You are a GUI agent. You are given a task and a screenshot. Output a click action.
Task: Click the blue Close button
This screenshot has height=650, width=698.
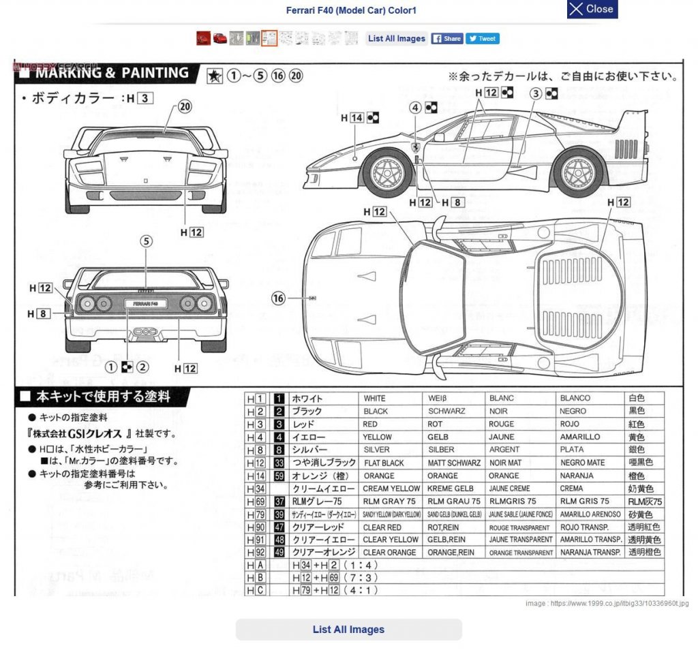tap(592, 10)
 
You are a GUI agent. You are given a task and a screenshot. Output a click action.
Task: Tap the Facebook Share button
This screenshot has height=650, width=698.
tap(446, 39)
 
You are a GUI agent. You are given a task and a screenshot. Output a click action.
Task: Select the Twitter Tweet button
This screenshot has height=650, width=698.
tap(483, 39)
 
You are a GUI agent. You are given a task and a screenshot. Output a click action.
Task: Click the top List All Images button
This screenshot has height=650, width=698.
tap(396, 39)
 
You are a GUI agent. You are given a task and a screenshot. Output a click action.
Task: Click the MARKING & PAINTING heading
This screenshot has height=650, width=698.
tap(112, 73)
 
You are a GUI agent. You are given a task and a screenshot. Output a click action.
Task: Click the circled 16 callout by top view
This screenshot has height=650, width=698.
tap(277, 298)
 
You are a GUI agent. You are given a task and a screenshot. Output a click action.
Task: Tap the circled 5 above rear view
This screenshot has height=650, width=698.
tap(146, 241)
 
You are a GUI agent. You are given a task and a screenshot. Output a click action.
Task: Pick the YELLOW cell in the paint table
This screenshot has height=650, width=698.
tap(377, 437)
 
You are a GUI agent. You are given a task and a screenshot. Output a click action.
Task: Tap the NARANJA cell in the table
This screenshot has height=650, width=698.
tap(576, 476)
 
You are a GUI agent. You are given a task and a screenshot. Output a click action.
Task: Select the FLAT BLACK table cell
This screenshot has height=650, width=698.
tap(384, 463)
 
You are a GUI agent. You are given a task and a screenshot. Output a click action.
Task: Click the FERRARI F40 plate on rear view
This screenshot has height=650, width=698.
tap(146, 303)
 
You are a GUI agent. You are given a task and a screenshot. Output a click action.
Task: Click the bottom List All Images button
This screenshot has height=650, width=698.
tap(348, 630)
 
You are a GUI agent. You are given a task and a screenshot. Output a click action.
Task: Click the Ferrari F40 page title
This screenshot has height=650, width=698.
tap(351, 10)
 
